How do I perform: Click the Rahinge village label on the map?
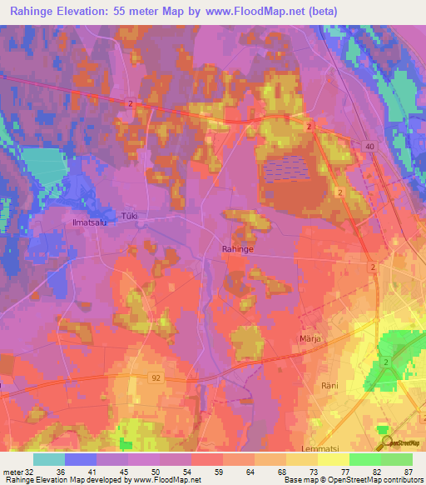click(237, 248)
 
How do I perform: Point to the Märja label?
click(310, 339)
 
